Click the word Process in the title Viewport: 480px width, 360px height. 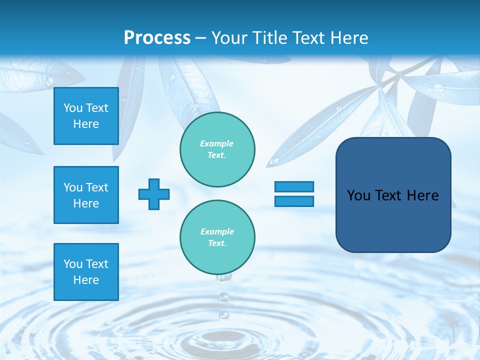157,38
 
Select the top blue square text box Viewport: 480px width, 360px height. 86,116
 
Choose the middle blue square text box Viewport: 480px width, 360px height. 86,195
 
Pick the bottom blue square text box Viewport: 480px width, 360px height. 86,272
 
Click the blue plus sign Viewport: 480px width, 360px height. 154,194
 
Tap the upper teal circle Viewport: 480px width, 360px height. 217,149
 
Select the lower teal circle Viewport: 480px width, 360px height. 217,237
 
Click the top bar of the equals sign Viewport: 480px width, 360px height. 294,186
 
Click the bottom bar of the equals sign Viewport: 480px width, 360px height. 294,201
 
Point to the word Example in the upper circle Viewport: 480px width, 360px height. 216,143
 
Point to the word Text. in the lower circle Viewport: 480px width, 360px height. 217,243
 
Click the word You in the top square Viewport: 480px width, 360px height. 72,108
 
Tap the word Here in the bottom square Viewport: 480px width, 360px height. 86,280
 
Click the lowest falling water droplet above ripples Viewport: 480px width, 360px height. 224,315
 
